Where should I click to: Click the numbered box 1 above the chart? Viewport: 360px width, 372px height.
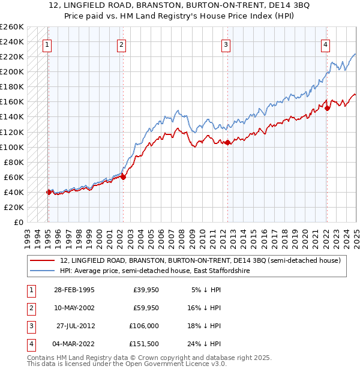47,44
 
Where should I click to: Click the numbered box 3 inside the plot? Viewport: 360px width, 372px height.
226,44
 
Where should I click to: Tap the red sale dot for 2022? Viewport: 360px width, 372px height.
327,108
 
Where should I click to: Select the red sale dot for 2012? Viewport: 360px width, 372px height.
228,142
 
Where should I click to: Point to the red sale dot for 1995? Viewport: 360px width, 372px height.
49,192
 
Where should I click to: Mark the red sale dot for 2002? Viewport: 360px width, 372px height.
122,177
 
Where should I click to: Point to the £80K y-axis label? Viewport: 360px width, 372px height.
14,162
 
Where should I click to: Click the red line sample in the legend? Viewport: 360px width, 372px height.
43,260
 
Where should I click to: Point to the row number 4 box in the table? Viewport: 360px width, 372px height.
31,344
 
